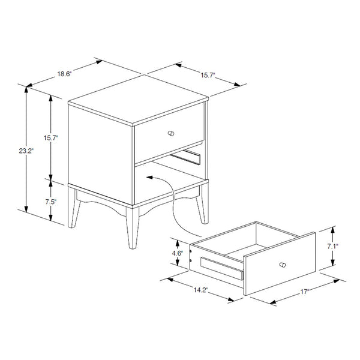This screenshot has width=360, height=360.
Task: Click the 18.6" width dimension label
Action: [64, 74]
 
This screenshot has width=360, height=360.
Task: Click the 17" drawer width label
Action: [304, 292]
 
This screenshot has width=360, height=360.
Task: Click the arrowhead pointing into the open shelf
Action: [149, 177]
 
